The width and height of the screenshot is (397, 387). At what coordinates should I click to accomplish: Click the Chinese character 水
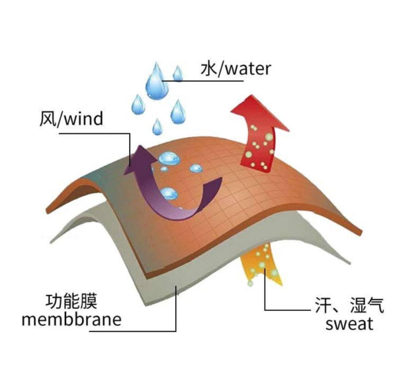pos(209,68)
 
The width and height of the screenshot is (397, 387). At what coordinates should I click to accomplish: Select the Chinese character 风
pos(48,119)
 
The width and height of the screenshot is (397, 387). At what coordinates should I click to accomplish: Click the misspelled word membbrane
pos(71,319)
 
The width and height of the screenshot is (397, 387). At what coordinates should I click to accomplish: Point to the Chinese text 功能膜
pos(71,302)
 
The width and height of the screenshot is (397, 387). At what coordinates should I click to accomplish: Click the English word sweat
pos(349,323)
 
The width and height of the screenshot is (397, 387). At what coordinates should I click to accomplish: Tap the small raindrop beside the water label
pos(178,73)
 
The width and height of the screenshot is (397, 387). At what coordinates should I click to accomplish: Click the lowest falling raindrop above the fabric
pos(157,127)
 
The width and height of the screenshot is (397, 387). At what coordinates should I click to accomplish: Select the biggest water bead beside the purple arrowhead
pos(169,158)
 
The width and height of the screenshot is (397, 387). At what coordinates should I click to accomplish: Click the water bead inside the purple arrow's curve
pos(169,193)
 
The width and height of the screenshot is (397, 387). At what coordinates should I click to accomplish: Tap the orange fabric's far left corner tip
pos(47,211)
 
